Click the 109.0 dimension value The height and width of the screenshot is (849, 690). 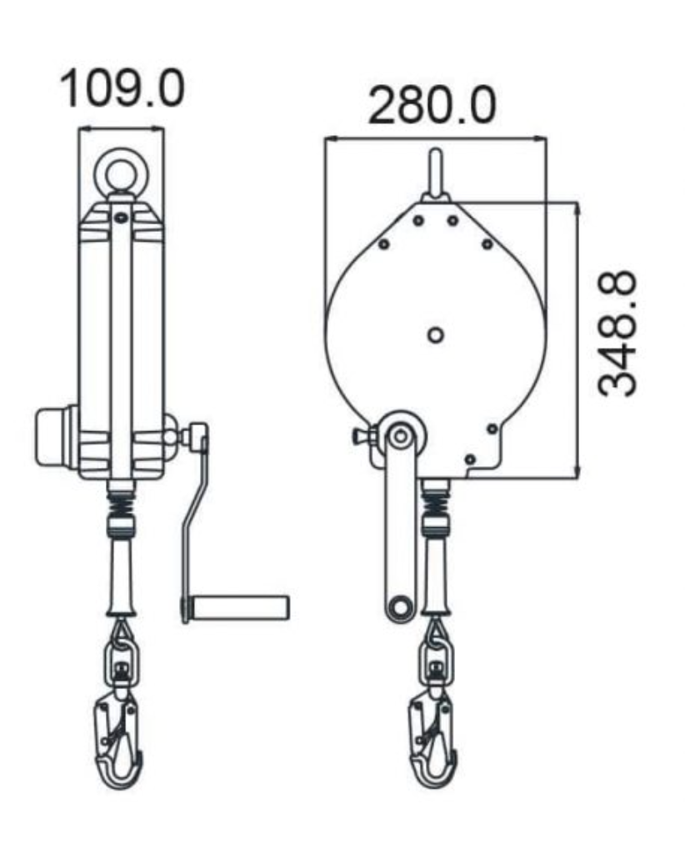tap(122, 88)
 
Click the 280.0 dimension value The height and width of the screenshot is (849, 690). tap(432, 105)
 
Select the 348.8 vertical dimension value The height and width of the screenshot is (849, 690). tap(619, 333)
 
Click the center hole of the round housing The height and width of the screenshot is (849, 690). tap(435, 334)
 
